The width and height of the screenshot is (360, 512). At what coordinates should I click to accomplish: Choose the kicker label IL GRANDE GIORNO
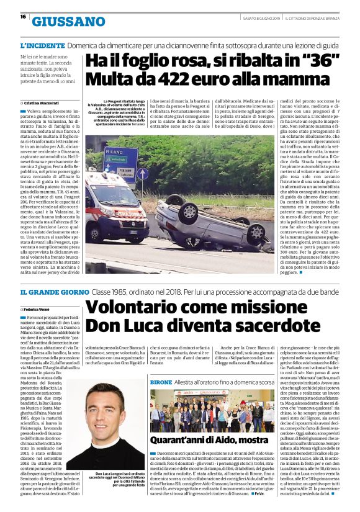pos(54,292)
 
